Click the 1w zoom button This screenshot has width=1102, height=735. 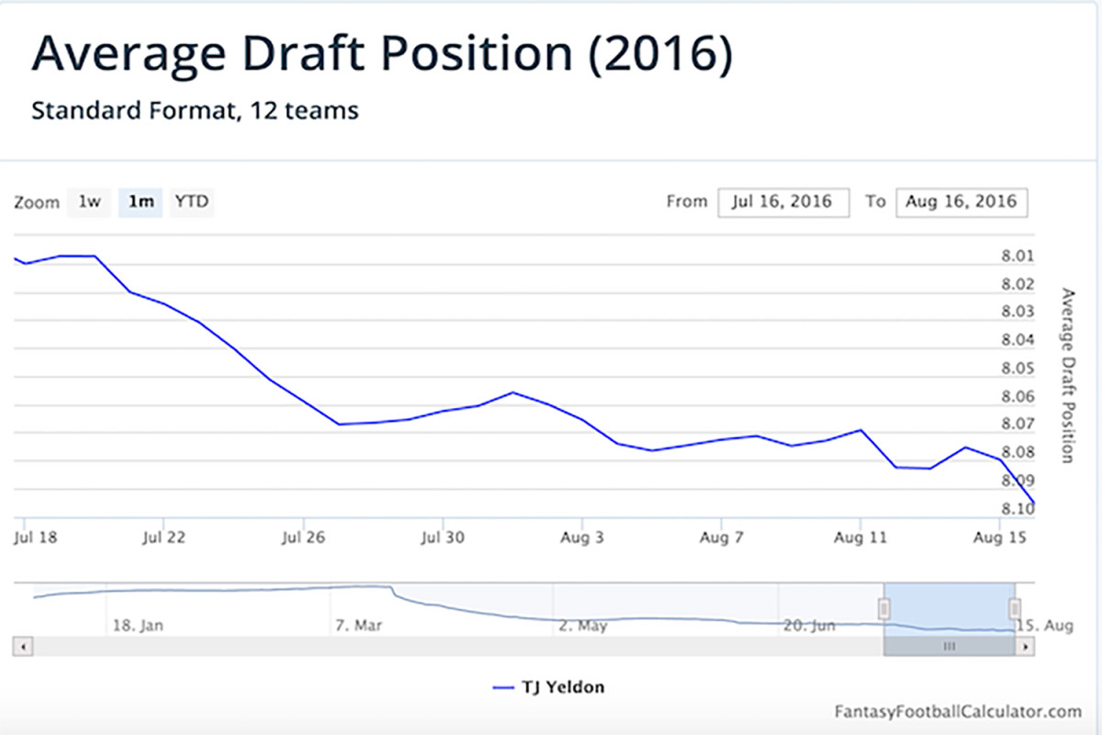pyautogui.click(x=89, y=201)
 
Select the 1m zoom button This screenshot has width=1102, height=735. pyautogui.click(x=141, y=201)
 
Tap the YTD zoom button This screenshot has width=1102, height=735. pyautogui.click(x=192, y=201)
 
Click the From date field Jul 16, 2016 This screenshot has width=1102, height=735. pyautogui.click(x=782, y=202)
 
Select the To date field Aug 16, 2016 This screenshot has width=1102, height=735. pyautogui.click(x=961, y=202)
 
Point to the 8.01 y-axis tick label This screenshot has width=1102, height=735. pyautogui.click(x=1018, y=256)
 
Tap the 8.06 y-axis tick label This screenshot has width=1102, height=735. pyautogui.click(x=1018, y=397)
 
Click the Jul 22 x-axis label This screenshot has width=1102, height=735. pyautogui.click(x=164, y=537)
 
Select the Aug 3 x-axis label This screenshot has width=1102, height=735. pyautogui.click(x=583, y=537)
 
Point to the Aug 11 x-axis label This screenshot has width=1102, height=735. pyautogui.click(x=860, y=537)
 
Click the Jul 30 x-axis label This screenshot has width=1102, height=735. pyautogui.click(x=444, y=537)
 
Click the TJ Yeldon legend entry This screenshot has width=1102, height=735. pyautogui.click(x=549, y=686)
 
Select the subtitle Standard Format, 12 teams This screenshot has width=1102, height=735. pyautogui.click(x=195, y=111)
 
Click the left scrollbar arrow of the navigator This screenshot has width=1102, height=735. pyautogui.click(x=24, y=647)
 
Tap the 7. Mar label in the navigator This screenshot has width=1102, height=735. pyautogui.click(x=357, y=627)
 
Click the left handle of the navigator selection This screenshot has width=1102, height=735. pyautogui.click(x=884, y=608)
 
